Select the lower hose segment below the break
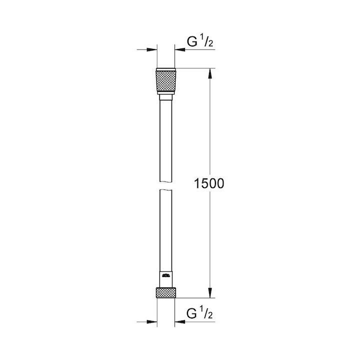point(165,230)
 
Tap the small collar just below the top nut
point(165,96)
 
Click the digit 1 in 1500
point(197,184)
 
